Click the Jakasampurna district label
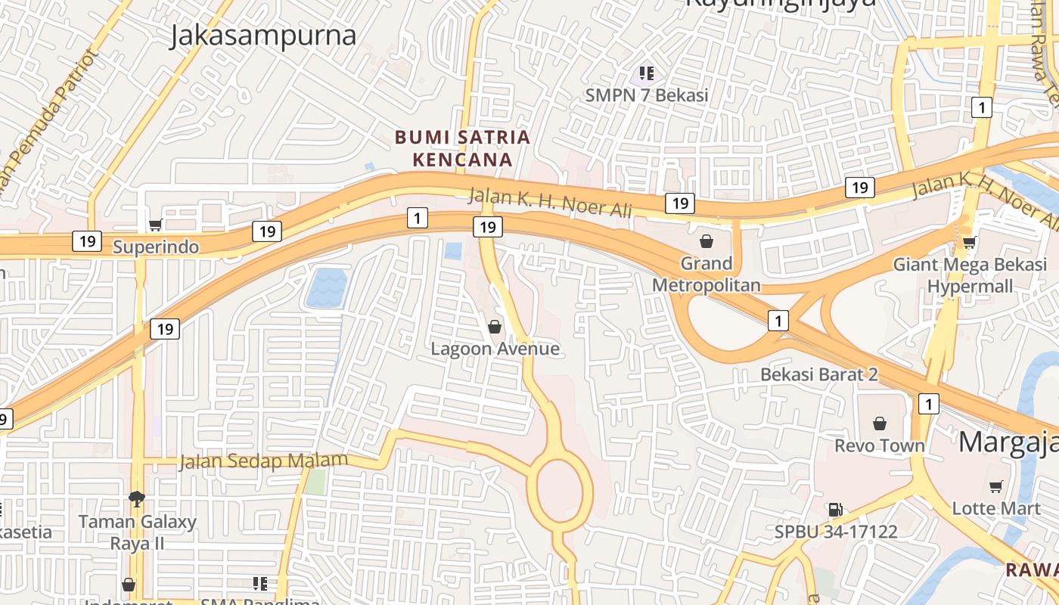(x=262, y=36)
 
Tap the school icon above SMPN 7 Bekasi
(x=646, y=73)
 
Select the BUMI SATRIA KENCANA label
(x=462, y=148)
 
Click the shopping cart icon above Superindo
(x=156, y=225)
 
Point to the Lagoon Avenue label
(x=495, y=349)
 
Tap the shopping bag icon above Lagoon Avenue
(x=495, y=327)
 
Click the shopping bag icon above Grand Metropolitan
(x=706, y=241)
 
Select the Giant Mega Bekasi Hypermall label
(x=970, y=275)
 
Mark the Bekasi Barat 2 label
(x=818, y=374)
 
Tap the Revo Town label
(x=879, y=445)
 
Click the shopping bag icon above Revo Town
(x=879, y=423)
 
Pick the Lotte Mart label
(x=995, y=508)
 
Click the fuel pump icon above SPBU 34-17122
(x=835, y=510)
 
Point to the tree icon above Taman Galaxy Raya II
(x=137, y=498)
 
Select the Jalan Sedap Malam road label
(x=263, y=461)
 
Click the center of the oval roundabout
(x=560, y=489)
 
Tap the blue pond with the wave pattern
(x=327, y=288)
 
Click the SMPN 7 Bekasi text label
(x=646, y=95)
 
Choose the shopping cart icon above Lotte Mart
(x=995, y=486)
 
